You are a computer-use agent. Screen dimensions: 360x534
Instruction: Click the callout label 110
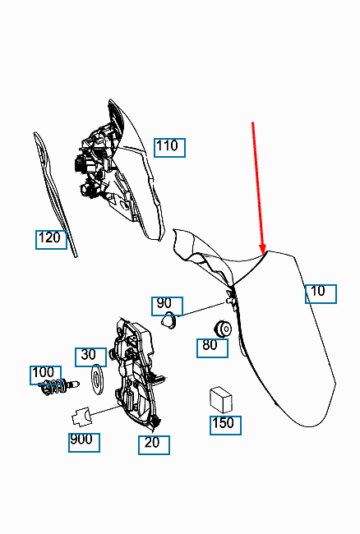pos(169,148)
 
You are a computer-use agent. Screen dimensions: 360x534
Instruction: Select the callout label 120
pos(52,240)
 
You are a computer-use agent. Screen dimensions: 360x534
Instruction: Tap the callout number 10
pos(321,294)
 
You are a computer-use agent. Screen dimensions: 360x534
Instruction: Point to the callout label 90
pos(167,306)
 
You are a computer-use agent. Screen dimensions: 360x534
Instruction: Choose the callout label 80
pos(212,348)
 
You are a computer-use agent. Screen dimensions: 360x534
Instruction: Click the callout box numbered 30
pos(91,357)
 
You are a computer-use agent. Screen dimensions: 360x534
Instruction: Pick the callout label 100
pos(46,375)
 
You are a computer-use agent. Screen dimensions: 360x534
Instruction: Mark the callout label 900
pos(84,443)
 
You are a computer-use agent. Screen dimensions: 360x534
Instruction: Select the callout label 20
pos(154,445)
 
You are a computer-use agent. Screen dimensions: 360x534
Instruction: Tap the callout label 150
pos(225,426)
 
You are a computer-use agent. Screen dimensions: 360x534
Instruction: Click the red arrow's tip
pos(263,254)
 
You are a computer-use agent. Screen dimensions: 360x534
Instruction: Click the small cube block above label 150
pos(221,400)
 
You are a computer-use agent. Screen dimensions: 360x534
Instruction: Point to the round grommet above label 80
pos(223,329)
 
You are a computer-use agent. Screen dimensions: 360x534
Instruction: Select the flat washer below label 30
pos(98,380)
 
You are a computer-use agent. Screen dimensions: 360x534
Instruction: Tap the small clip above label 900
pos(82,417)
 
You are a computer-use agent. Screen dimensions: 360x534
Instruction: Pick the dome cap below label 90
pos(168,320)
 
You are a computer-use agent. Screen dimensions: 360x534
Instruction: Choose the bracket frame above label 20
pos(136,373)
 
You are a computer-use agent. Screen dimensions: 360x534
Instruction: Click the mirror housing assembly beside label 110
pos(119,170)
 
